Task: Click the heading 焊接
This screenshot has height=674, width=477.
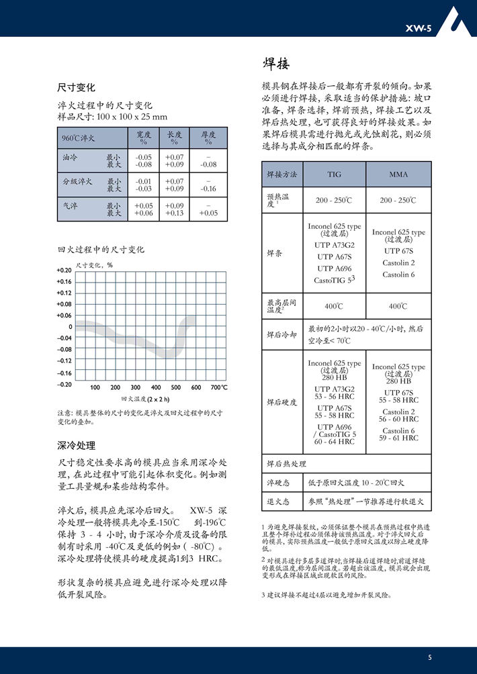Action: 275,64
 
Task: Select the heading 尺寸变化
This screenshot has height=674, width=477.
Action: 76,87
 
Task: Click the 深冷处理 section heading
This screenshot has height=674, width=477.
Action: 76,445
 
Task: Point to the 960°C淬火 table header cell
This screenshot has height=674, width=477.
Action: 79,138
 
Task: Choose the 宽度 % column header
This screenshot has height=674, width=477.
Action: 143,138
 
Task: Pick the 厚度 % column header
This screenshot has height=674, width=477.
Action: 208,138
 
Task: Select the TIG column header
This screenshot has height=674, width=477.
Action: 334,175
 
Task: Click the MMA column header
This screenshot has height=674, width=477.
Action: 398,175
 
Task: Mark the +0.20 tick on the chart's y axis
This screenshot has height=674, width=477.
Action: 64,270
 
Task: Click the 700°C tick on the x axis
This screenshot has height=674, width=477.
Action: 218,387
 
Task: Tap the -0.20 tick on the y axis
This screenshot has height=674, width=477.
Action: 64,384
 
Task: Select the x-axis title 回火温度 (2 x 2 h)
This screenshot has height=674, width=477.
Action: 145,399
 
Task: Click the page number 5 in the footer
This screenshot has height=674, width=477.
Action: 429,656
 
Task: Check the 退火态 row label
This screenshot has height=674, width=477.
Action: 277,501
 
